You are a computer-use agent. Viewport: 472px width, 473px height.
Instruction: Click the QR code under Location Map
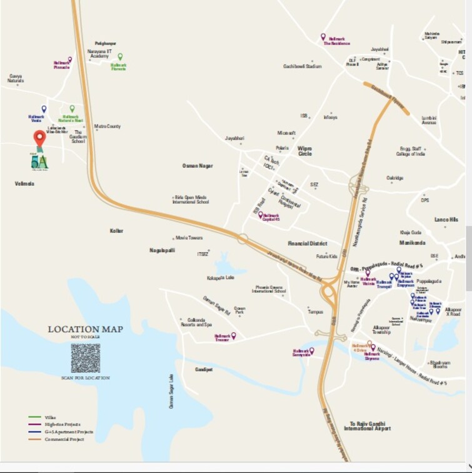coord(86,358)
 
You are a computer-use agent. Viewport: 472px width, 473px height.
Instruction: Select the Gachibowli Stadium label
coord(303,66)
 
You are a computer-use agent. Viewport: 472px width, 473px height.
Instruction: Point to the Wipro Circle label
coord(304,150)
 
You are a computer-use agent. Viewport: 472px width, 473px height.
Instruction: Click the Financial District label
coord(308,243)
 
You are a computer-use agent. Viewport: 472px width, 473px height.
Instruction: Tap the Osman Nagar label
coord(198,166)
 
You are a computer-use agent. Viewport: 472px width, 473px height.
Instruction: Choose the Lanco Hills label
coord(446,220)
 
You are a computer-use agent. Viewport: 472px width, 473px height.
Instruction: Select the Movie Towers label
coord(189,238)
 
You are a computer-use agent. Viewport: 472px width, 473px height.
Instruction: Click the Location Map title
coord(86,329)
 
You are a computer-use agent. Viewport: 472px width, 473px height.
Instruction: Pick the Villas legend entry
coord(49,417)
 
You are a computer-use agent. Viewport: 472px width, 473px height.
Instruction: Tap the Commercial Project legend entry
coord(64,439)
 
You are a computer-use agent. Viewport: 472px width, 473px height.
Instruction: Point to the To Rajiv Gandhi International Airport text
coord(368,425)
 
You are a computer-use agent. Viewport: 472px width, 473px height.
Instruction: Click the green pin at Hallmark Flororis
coord(121,57)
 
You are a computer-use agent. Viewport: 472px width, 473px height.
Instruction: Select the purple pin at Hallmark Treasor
coord(234,336)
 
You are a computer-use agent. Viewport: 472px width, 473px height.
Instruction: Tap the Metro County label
coord(108,126)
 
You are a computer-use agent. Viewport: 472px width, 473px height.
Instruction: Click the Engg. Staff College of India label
coord(413,151)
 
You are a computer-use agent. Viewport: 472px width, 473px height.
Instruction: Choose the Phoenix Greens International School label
coord(269,289)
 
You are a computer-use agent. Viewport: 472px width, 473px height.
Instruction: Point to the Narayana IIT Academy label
coord(99,54)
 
